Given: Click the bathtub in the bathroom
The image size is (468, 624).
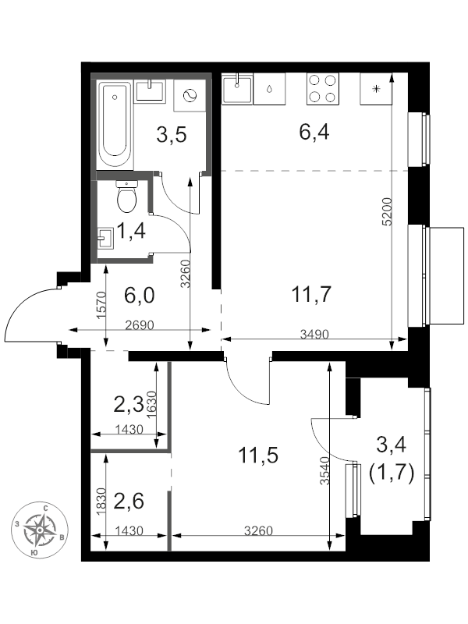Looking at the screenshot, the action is (x=115, y=125).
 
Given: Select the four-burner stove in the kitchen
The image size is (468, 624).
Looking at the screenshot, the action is (x=322, y=89).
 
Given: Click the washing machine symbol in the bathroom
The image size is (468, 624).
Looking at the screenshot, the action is (x=190, y=95).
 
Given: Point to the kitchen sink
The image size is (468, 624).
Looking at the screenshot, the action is (x=237, y=88).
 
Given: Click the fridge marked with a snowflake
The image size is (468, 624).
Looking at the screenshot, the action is (x=376, y=89).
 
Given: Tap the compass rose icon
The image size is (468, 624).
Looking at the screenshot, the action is (x=40, y=530).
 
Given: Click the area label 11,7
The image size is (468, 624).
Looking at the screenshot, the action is (x=311, y=295).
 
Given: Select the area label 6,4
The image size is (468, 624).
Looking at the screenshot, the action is (x=314, y=132).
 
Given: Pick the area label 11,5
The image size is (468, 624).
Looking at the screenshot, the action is (x=258, y=455).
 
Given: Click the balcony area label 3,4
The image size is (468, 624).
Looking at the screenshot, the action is (x=392, y=444).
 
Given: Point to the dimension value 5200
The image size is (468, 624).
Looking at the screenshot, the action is (x=387, y=211).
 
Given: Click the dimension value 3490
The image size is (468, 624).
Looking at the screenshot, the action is (x=314, y=335).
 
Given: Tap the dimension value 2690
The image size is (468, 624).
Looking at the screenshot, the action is (x=140, y=325).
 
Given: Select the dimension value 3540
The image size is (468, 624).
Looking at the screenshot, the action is (x=325, y=470).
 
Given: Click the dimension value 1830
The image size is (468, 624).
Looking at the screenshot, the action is (x=101, y=502).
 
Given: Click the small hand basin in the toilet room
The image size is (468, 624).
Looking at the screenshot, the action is (x=106, y=238).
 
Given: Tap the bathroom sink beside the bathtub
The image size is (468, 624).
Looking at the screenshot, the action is (x=150, y=91).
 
